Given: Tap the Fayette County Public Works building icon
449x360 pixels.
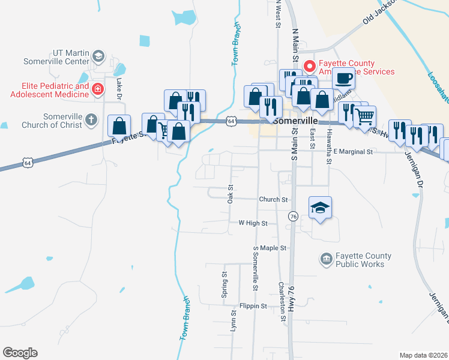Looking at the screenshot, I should (326, 259).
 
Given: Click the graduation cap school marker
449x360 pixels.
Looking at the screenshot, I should (321, 208).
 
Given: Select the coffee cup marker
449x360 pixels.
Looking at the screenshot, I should (343, 79).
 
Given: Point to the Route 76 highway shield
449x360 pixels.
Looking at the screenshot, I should (293, 216).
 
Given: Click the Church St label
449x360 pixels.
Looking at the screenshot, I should (274, 199).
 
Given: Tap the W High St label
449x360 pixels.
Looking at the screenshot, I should (252, 223).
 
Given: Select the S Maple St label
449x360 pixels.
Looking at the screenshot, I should (271, 248).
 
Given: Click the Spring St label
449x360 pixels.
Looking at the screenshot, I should (224, 285).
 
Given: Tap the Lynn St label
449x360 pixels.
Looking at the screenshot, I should (234, 319).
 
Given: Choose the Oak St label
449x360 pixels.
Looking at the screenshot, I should (230, 193).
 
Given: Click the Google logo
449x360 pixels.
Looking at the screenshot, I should (20, 353).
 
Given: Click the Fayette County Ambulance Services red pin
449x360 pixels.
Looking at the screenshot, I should (310, 66).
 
